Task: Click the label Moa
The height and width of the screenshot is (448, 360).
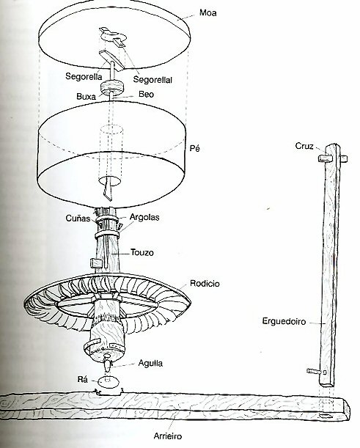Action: click(208, 13)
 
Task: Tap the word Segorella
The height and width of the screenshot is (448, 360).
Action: click(84, 76)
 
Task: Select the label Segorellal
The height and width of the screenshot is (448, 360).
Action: click(153, 79)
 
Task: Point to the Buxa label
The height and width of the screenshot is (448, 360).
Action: click(87, 96)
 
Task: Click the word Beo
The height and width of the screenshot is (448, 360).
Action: click(147, 94)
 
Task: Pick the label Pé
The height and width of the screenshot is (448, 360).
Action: click(195, 148)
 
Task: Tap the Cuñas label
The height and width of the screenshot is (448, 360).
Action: click(78, 219)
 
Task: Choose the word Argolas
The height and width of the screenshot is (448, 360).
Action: click(144, 217)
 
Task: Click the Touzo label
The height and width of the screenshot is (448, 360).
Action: click(142, 252)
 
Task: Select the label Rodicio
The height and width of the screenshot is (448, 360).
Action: click(205, 284)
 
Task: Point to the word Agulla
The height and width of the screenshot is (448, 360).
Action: click(150, 364)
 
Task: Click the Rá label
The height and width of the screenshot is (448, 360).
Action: click(83, 379)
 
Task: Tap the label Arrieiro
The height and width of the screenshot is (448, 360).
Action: click(168, 436)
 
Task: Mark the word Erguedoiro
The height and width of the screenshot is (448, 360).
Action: click(284, 321)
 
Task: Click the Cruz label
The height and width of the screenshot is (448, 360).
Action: click(304, 147)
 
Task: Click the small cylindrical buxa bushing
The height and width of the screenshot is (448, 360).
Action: click(111, 87)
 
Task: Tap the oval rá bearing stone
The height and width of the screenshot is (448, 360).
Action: click(108, 382)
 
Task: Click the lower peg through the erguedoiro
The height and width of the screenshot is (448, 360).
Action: click(317, 372)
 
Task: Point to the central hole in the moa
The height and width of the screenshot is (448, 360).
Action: click(113, 37)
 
